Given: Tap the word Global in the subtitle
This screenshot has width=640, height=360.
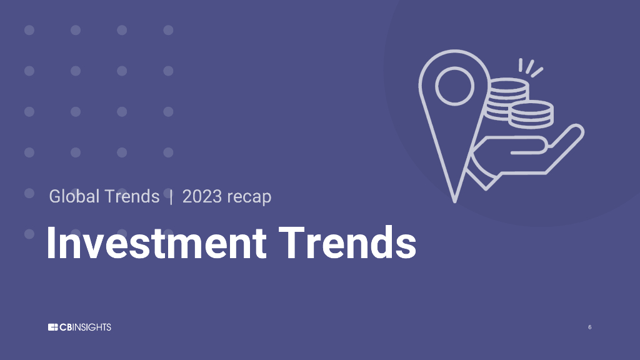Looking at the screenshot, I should [74, 196].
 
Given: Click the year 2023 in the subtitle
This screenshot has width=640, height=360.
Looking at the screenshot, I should [202, 196].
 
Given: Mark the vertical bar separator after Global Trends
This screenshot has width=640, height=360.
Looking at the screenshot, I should [171, 196].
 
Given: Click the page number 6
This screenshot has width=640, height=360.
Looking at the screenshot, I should [589, 327].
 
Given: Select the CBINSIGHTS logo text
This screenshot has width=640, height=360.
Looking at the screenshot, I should [86, 327].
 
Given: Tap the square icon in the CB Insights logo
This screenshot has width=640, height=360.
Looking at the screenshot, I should [52, 327].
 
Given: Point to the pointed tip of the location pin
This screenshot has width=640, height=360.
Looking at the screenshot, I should [455, 200].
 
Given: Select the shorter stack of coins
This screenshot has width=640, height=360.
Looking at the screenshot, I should [531, 114].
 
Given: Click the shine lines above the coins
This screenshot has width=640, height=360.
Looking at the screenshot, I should [529, 67].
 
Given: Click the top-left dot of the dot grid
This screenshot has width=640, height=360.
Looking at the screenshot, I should [29, 30].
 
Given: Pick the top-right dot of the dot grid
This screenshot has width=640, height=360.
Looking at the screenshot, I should [168, 30].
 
